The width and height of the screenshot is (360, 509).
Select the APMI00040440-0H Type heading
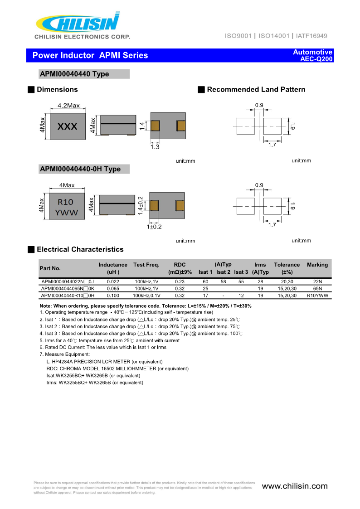(x=80, y=169)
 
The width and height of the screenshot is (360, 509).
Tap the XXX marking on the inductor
(x=68, y=127)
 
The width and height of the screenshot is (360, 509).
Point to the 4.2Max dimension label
(x=68, y=106)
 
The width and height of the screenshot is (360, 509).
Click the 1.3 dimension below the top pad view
(x=155, y=147)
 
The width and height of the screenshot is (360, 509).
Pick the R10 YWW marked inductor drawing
(x=67, y=207)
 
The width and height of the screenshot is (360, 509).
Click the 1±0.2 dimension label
(x=154, y=227)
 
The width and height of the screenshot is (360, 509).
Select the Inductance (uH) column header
(x=113, y=268)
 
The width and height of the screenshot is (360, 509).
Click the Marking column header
(x=317, y=265)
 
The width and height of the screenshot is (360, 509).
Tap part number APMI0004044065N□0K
(x=68, y=289)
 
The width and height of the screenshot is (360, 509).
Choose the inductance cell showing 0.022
(x=113, y=282)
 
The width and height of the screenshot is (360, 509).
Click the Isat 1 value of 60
(x=205, y=282)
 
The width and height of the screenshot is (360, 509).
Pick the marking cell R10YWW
(x=317, y=296)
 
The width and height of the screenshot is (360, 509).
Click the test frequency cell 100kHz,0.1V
(x=147, y=296)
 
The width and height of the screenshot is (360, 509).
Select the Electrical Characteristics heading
(x=80, y=249)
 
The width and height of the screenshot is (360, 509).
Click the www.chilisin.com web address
(x=295, y=486)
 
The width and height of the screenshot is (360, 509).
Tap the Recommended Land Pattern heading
(x=256, y=90)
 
